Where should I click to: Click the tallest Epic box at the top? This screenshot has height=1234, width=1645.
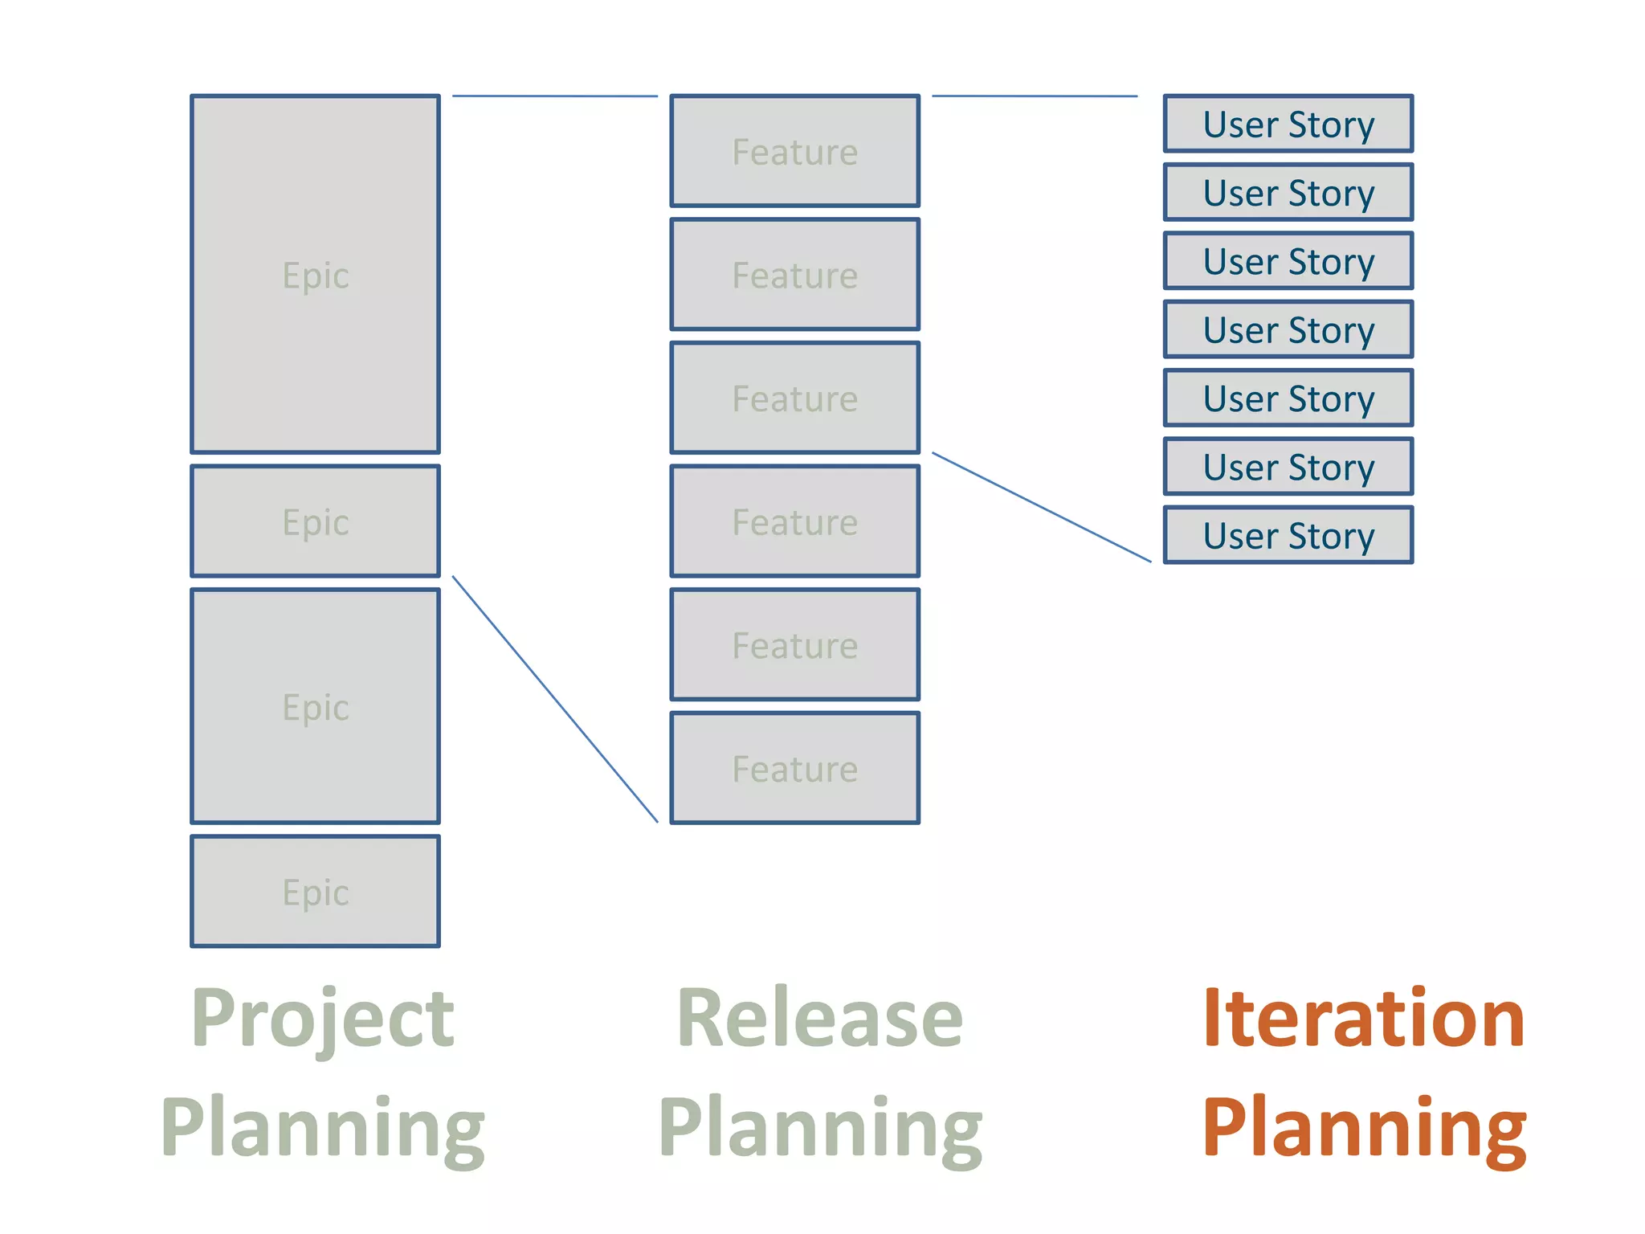(x=315, y=274)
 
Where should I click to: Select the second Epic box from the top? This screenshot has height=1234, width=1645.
(x=315, y=521)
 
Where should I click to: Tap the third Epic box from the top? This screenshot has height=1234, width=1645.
(x=315, y=706)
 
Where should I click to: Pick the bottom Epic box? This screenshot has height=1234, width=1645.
(x=315, y=891)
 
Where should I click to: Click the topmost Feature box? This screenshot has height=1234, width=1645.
(x=794, y=151)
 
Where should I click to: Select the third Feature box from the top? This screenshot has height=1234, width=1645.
(x=794, y=398)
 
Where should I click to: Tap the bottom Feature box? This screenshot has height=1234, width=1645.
(x=794, y=768)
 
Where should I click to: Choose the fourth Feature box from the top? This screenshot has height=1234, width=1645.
(x=794, y=521)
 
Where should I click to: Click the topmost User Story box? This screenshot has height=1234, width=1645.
(x=1288, y=124)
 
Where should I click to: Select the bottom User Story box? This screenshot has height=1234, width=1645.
(x=1288, y=535)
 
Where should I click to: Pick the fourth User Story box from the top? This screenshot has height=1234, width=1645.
(x=1288, y=329)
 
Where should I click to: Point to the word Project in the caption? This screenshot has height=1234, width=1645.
(x=323, y=1019)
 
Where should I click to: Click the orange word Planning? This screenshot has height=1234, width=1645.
(x=1363, y=1128)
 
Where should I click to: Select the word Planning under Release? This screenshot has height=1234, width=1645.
(x=819, y=1128)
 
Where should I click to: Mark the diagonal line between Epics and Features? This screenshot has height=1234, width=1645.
(x=555, y=699)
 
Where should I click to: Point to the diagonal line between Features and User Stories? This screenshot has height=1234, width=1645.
(x=1041, y=507)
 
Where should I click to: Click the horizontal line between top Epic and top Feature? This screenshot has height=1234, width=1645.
(x=554, y=96)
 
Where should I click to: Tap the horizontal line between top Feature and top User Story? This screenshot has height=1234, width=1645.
(x=1035, y=96)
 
